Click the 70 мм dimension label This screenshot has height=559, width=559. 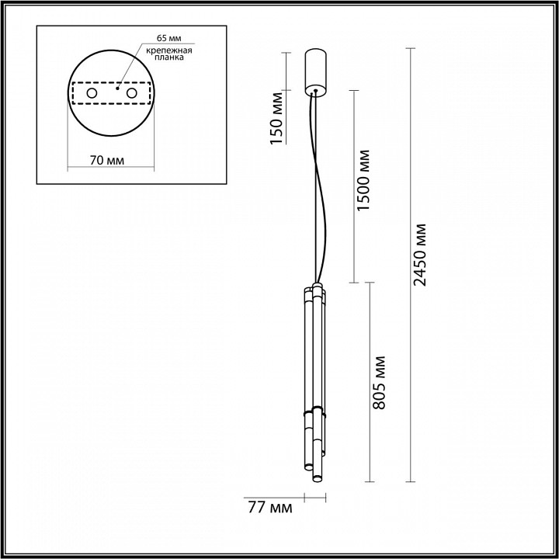pyautogui.click(x=107, y=161)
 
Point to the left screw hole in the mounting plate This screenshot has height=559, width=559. pyautogui.click(x=91, y=94)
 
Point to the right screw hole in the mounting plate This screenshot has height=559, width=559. pyautogui.click(x=131, y=94)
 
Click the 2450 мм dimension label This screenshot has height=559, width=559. pyautogui.click(x=420, y=255)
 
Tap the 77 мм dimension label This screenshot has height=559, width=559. pyautogui.click(x=269, y=509)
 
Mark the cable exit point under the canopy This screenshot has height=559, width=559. pyautogui.click(x=314, y=91)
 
